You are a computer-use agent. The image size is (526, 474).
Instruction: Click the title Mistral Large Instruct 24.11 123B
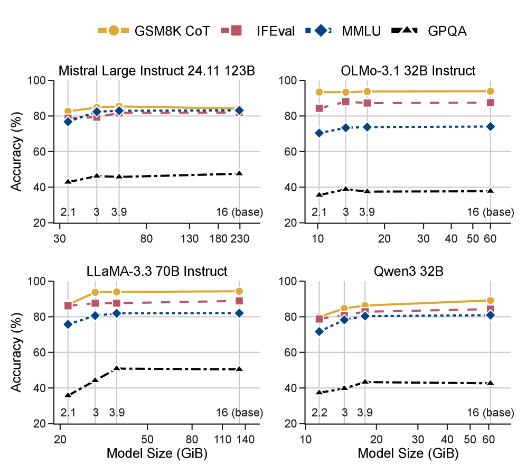[x=156, y=70]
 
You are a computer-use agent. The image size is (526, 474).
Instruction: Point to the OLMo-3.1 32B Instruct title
[x=408, y=70]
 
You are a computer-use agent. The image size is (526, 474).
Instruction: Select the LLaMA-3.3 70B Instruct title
[x=157, y=272]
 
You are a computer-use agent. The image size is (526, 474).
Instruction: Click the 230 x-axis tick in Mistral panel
[x=239, y=238]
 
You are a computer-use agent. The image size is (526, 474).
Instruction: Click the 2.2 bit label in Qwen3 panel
[x=319, y=412]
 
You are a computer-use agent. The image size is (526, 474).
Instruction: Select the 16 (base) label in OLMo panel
[x=490, y=212]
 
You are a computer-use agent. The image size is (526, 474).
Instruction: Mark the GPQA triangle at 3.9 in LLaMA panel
[x=117, y=368]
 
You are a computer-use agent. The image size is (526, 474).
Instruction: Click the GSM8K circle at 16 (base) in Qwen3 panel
[x=490, y=301]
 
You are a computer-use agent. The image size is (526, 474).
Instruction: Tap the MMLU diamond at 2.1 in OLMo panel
[x=319, y=133]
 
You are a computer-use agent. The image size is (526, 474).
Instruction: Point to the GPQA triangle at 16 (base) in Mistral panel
[x=239, y=173]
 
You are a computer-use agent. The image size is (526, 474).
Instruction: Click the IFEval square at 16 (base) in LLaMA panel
[x=239, y=301]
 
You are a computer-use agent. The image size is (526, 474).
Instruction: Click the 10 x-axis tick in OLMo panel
[x=318, y=238]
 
